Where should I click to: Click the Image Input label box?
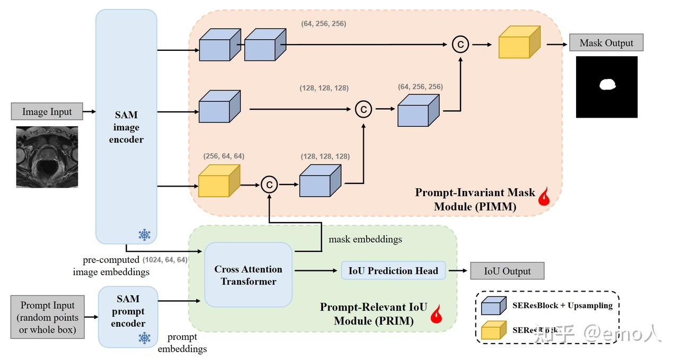click(x=47, y=111)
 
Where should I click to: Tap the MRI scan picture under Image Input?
click(x=47, y=156)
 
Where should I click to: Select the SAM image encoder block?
click(x=126, y=127)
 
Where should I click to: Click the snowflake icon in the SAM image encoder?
click(x=144, y=234)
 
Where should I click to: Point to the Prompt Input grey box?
click(x=48, y=318)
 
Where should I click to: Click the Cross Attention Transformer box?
click(x=248, y=275)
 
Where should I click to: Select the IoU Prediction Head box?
click(x=393, y=270)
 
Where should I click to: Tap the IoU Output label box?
click(x=507, y=271)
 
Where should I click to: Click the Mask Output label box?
click(x=606, y=43)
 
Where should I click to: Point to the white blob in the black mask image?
click(x=607, y=84)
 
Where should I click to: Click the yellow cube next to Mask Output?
click(x=519, y=42)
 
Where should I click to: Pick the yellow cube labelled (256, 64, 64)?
click(x=219, y=181)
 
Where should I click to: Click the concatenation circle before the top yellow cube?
click(x=460, y=45)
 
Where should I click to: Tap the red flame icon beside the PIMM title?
click(x=544, y=197)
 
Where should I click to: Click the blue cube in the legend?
click(x=493, y=306)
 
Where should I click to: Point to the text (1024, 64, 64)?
click(x=165, y=260)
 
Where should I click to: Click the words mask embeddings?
click(x=365, y=239)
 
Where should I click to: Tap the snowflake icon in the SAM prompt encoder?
click(x=144, y=338)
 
